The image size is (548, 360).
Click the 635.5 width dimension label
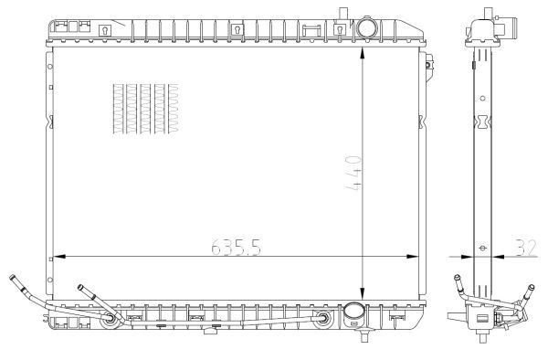(237, 247)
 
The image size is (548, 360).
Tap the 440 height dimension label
(353, 173)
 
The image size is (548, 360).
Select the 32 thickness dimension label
(526, 248)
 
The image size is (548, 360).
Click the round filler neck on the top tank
(366, 28)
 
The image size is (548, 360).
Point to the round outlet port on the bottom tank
(353, 314)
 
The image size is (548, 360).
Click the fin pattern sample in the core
(146, 109)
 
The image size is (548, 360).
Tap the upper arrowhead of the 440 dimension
(363, 53)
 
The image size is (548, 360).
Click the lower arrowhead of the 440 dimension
(363, 293)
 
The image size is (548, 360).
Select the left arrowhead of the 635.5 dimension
(59, 257)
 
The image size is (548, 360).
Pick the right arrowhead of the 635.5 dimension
(413, 257)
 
